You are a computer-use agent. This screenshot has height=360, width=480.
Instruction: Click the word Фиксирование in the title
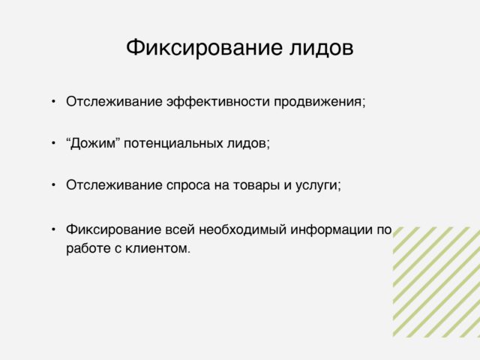pos(204,47)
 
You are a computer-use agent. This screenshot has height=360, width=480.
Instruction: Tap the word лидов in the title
pos(322,48)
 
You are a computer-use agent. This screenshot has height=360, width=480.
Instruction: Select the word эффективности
pos(218,102)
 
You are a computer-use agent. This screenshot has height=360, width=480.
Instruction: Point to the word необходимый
pos(243,229)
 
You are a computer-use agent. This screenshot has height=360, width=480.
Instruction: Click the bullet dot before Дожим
pos(53,143)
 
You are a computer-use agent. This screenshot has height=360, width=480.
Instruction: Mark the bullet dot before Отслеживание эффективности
pos(53,101)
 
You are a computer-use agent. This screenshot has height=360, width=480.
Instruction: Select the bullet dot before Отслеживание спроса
pos(53,185)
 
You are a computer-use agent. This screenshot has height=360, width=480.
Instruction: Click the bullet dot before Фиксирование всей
pos(53,229)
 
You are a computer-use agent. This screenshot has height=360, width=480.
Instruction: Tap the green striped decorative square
pos(436,282)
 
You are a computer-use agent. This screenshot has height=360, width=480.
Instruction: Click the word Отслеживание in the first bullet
pos(114,102)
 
